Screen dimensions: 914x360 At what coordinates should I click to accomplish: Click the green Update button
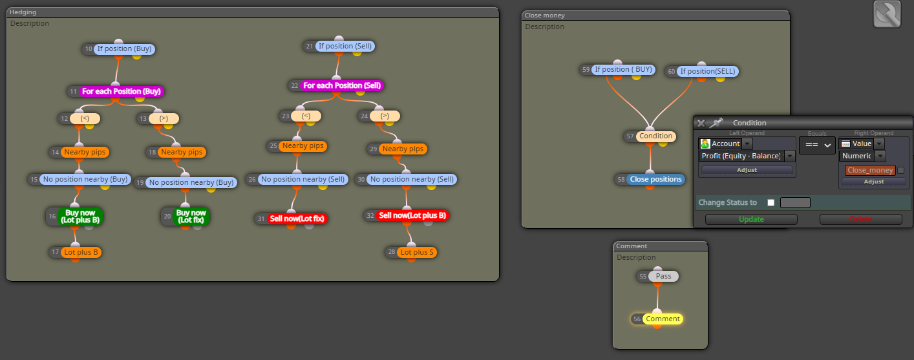[x=751, y=219]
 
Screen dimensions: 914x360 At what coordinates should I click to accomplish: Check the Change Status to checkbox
[x=771, y=202]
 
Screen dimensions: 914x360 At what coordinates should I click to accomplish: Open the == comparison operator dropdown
[x=817, y=145]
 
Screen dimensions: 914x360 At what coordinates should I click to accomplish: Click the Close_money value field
[x=870, y=170]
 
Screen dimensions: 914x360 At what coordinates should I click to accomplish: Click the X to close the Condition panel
[x=701, y=123]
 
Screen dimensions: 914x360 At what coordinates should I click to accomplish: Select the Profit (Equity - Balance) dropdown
[x=747, y=156]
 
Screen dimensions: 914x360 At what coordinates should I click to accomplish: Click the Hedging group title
[x=23, y=12]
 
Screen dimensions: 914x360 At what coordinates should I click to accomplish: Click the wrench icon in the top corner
[x=887, y=14]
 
